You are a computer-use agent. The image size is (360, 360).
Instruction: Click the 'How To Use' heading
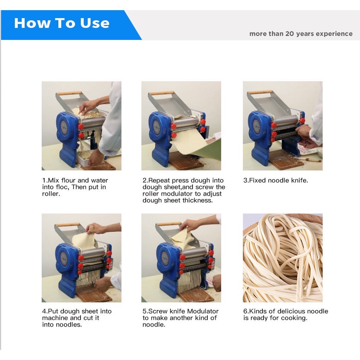tap(62, 23)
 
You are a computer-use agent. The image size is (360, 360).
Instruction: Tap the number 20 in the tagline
tap(290, 33)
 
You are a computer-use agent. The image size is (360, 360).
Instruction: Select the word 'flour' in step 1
tap(69, 180)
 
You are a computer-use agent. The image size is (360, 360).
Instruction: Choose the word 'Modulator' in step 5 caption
tap(203, 311)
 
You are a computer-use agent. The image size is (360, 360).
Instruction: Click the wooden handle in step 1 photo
tap(69, 93)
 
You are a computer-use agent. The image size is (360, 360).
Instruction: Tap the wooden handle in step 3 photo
tap(260, 92)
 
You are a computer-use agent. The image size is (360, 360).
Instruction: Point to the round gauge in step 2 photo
tap(157, 127)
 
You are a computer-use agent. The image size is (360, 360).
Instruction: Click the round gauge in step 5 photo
tap(165, 259)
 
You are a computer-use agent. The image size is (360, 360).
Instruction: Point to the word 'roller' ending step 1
tap(51, 194)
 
